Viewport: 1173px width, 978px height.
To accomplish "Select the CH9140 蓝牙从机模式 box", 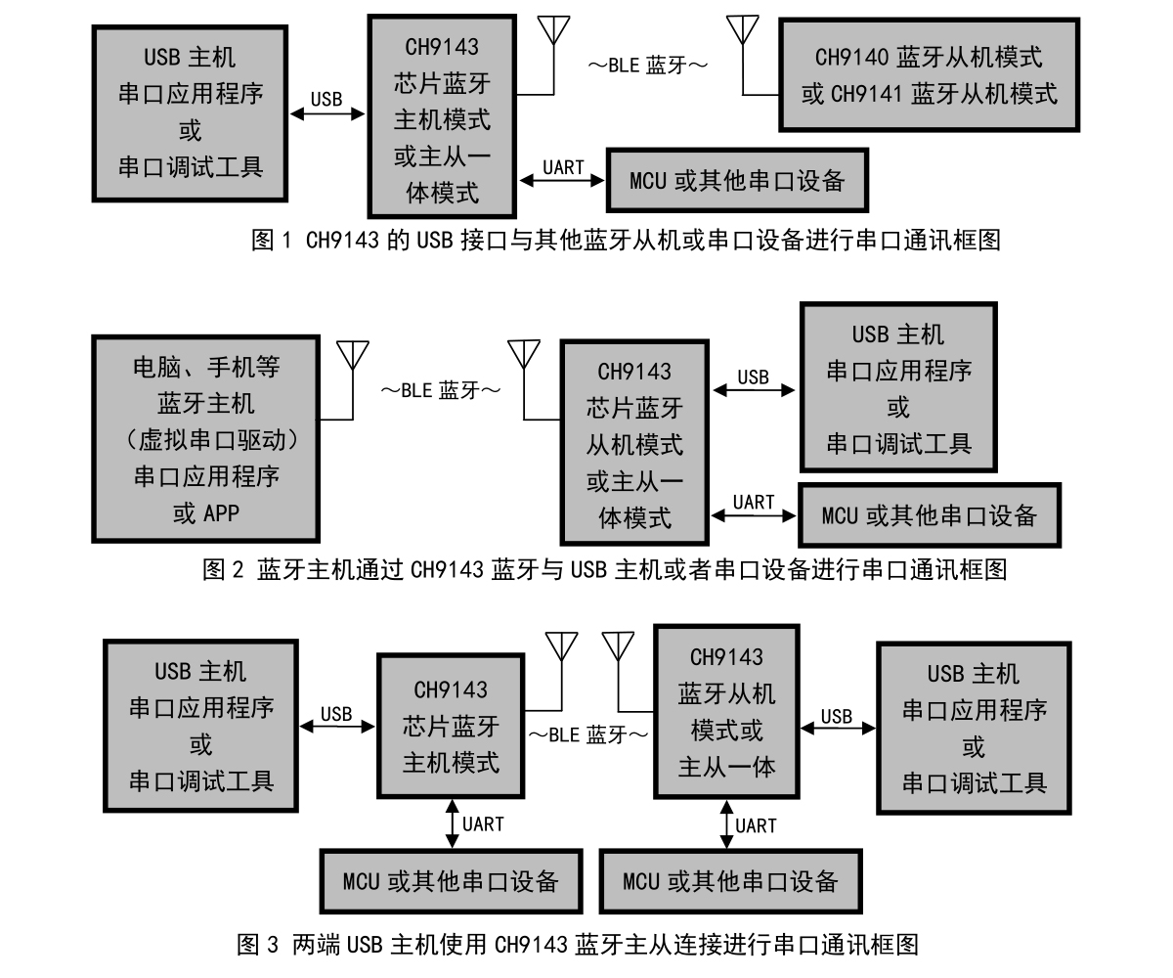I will point(929,74).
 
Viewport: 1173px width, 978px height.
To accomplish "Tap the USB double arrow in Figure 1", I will point(326,114).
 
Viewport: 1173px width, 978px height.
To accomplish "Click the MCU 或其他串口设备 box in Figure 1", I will point(737,181).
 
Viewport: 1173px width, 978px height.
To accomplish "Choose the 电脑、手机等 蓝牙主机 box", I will point(205,439).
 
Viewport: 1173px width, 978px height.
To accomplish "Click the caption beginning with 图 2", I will point(604,569).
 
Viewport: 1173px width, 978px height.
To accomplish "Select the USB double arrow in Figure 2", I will point(754,390).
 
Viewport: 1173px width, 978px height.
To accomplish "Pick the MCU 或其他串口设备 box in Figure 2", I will point(929,515).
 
